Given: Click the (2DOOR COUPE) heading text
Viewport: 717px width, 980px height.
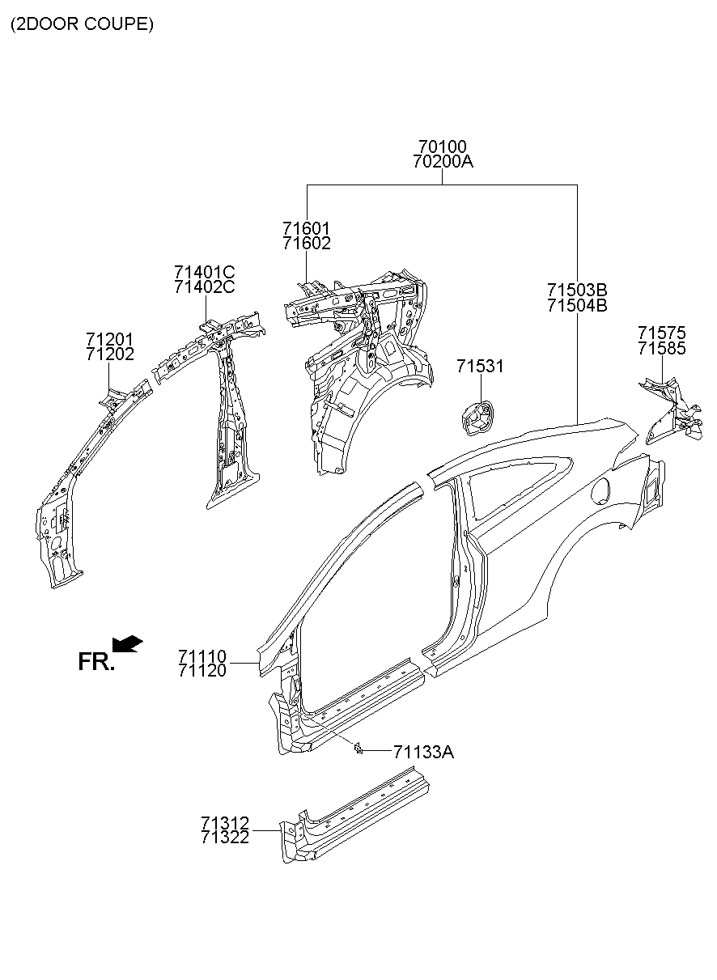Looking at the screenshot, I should (x=82, y=24).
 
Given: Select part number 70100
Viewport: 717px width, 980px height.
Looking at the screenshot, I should (x=442, y=146).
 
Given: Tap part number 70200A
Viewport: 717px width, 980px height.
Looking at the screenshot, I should (x=442, y=162).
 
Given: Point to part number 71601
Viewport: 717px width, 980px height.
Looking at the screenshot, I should (x=307, y=228).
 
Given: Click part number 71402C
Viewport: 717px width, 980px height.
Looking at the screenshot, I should (x=204, y=286).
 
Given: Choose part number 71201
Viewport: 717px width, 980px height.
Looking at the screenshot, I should (x=110, y=338).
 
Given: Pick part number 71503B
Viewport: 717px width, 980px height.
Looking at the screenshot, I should (x=576, y=290).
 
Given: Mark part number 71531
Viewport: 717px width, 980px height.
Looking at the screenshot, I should (x=479, y=367).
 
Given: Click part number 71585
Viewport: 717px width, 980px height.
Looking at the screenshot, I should (x=661, y=348).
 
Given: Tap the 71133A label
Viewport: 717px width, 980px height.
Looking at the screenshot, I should (x=423, y=753).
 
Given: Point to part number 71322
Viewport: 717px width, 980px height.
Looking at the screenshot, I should (x=225, y=838).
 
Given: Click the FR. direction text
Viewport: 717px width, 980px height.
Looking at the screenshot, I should (x=96, y=662).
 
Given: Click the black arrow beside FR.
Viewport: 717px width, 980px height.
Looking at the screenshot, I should (x=127, y=643).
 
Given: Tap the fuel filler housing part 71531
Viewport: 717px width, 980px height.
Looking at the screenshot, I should (x=475, y=416).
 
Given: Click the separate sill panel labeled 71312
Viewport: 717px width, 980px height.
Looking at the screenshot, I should (x=356, y=817).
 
